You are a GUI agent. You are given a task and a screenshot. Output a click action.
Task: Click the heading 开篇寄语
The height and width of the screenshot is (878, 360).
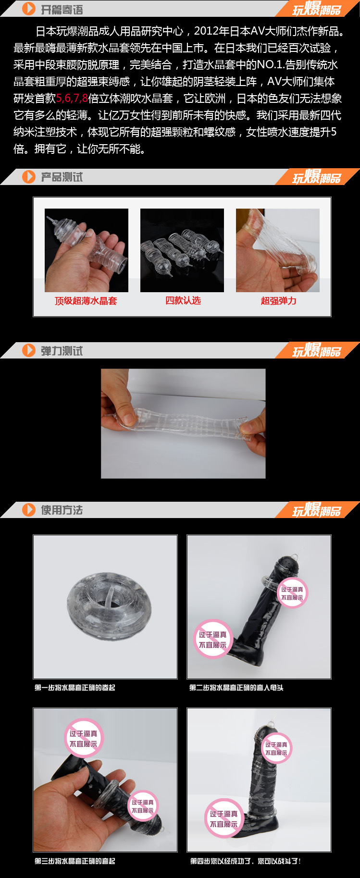pyautogui.click(x=62, y=10)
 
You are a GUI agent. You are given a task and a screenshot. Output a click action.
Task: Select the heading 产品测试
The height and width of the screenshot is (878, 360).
pyautogui.click(x=62, y=177)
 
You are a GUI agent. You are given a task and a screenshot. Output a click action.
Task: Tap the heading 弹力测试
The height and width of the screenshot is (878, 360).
pyautogui.click(x=62, y=351)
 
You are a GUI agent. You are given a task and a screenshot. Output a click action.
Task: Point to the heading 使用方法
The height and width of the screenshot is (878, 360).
pyautogui.click(x=62, y=510)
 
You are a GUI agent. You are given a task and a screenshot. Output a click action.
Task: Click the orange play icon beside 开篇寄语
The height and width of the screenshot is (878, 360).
pyautogui.click(x=29, y=9)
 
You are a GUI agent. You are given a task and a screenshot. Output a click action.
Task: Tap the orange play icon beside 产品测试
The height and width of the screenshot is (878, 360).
pyautogui.click(x=29, y=177)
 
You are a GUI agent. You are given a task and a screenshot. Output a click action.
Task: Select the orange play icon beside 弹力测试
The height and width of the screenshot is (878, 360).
pyautogui.click(x=29, y=350)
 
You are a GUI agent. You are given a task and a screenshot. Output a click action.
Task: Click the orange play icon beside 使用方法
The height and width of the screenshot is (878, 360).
pyautogui.click(x=29, y=510)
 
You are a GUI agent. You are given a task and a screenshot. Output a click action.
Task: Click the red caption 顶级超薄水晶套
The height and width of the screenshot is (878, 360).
pyautogui.click(x=86, y=301)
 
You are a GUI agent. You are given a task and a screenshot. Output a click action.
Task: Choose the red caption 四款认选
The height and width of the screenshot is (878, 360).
pyautogui.click(x=183, y=300)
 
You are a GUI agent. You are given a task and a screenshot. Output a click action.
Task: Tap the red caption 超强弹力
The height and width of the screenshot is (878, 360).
pyautogui.click(x=278, y=301)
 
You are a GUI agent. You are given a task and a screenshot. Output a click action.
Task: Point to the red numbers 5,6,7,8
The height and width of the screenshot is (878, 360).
pyautogui.click(x=72, y=99)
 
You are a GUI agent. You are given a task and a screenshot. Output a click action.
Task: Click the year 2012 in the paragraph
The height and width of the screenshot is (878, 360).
pyautogui.click(x=206, y=31)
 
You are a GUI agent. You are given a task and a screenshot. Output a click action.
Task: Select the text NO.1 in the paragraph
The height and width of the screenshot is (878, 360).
pyautogui.click(x=271, y=65)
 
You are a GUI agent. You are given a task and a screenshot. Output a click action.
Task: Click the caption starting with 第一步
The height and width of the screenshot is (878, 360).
pyautogui.click(x=75, y=688)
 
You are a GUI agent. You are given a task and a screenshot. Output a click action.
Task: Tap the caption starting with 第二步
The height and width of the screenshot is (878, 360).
pyautogui.click(x=236, y=688)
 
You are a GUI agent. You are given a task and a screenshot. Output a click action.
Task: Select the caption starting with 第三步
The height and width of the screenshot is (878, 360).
pyautogui.click(x=75, y=861)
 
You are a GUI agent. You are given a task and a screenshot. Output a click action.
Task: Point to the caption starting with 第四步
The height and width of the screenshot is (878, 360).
pyautogui.click(x=245, y=861)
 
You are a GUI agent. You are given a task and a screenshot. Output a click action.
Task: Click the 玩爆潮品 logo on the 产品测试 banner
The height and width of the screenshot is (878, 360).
pyautogui.click(x=317, y=177)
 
